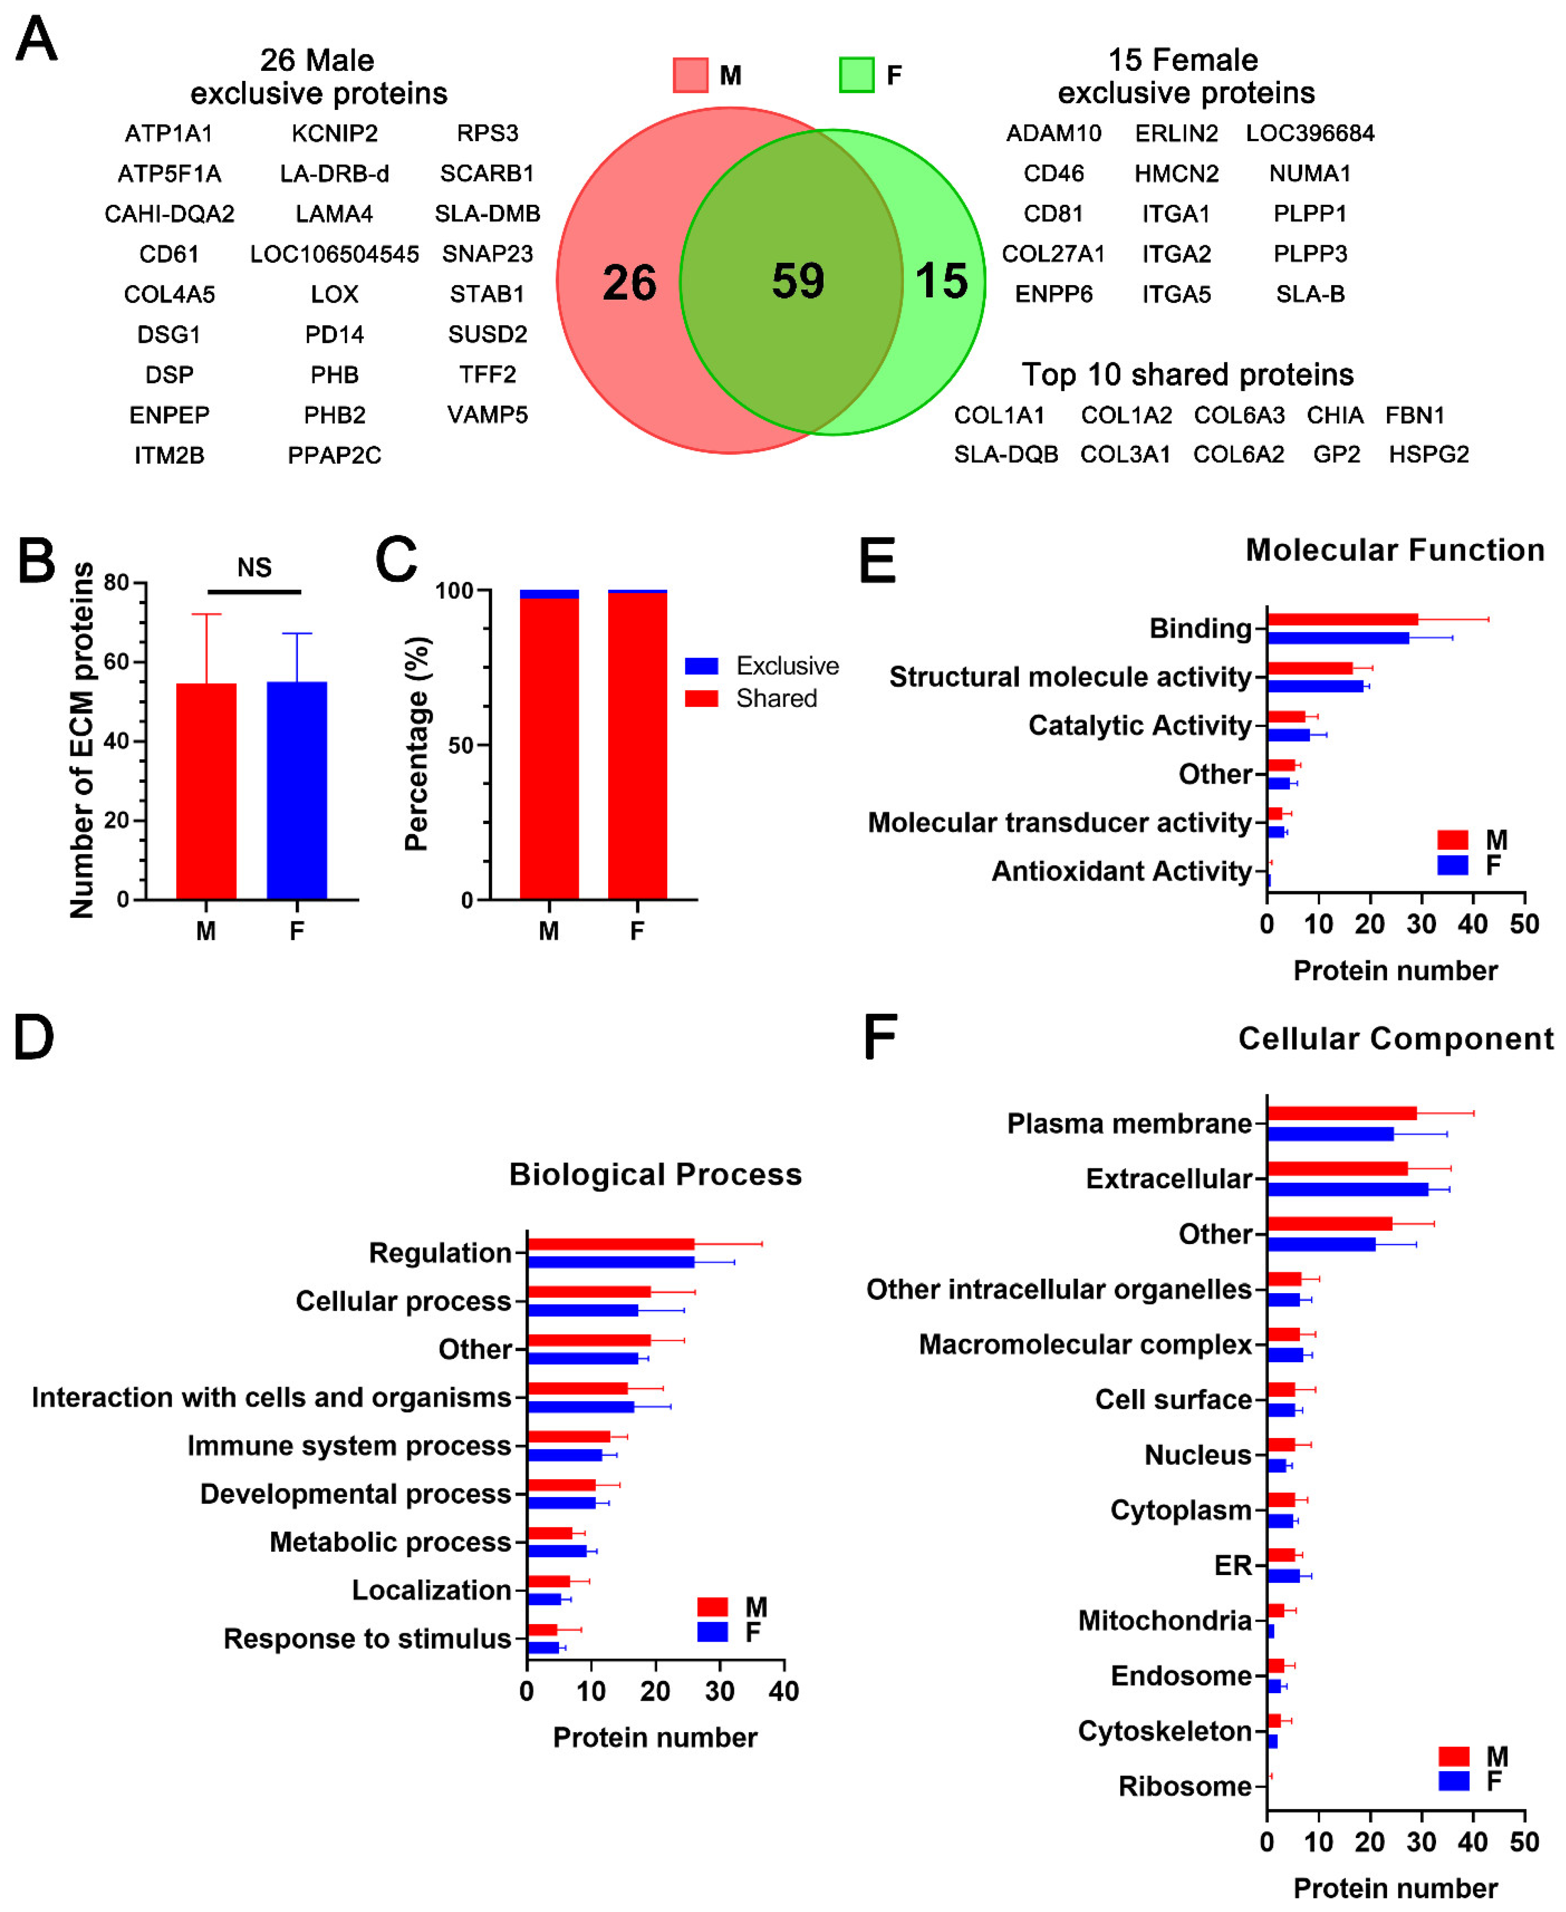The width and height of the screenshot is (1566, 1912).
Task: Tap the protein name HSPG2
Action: (1428, 455)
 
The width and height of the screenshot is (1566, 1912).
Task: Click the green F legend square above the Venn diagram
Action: (856, 75)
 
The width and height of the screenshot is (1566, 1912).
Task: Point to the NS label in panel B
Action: (254, 567)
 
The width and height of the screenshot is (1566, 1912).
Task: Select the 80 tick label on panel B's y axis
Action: (116, 583)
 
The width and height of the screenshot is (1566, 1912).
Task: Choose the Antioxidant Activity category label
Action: (1121, 871)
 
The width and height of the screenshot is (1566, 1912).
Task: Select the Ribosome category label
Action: (1184, 1787)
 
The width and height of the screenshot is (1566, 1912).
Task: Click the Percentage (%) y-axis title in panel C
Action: (417, 744)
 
